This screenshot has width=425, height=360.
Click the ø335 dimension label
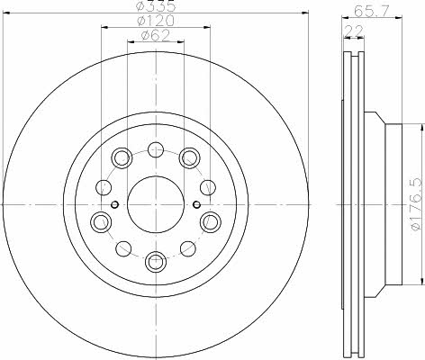(156, 6)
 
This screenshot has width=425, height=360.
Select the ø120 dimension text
(156, 21)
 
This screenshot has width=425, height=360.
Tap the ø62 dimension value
(156, 36)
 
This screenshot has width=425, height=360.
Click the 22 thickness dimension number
(354, 31)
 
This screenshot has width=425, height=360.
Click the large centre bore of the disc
(156, 204)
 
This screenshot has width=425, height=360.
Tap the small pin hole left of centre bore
(114, 205)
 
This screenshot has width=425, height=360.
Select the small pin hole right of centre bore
(196, 205)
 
